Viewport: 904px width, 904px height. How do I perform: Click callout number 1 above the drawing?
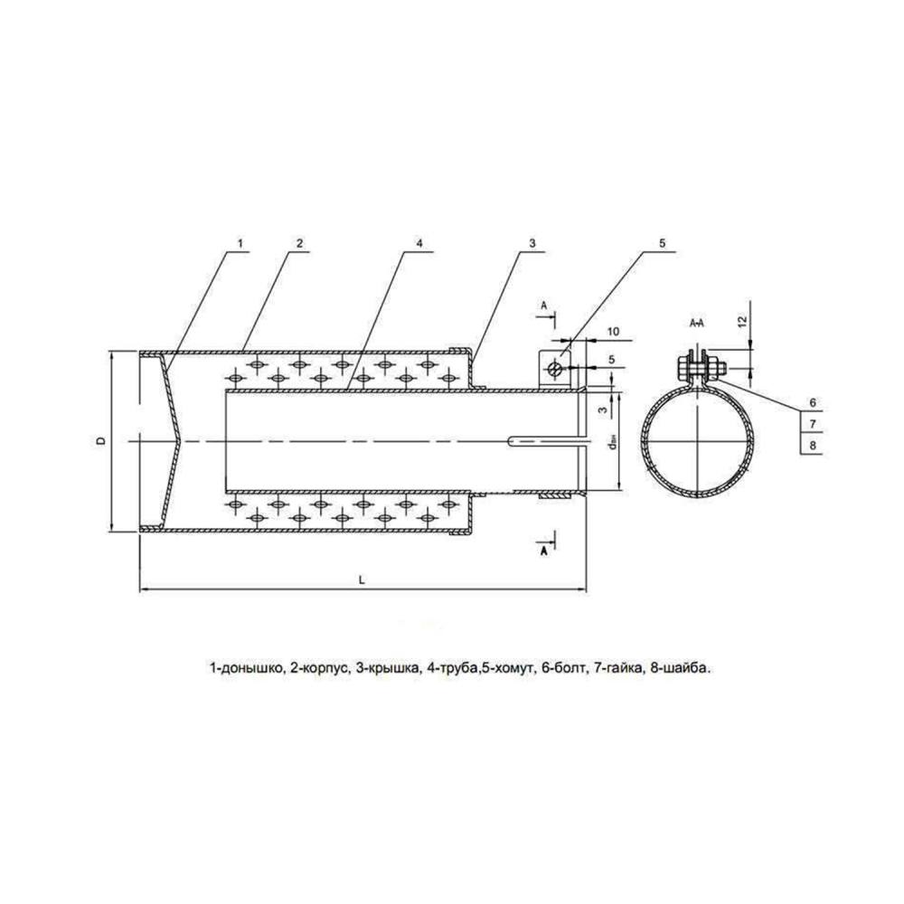coord(240,243)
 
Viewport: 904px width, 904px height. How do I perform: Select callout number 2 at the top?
coord(297,243)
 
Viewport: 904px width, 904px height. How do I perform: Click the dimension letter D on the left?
coord(100,440)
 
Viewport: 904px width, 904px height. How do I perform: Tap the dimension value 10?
coord(613,334)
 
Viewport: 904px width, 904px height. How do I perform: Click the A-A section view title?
coord(698,322)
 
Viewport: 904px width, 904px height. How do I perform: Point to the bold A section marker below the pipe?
coord(543,549)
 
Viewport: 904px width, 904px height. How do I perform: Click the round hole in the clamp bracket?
coord(560,368)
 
